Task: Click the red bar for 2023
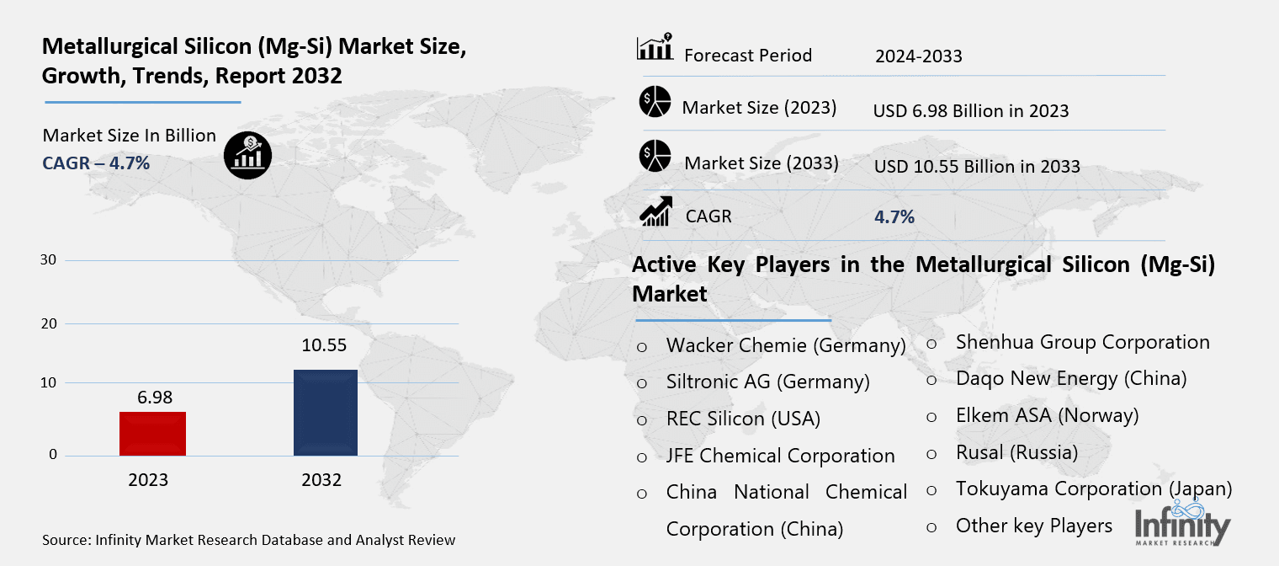pyautogui.click(x=152, y=433)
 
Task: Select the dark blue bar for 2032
pyautogui.click(x=325, y=413)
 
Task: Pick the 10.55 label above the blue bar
pyautogui.click(x=325, y=345)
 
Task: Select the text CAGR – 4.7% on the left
pyautogui.click(x=96, y=163)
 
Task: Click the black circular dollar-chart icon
pyautogui.click(x=247, y=155)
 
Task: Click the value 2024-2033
pyautogui.click(x=918, y=56)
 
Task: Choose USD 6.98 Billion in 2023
pyautogui.click(x=970, y=110)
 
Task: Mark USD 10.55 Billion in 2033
pyautogui.click(x=976, y=166)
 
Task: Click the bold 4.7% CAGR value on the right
pyautogui.click(x=894, y=217)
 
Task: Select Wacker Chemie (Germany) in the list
pyautogui.click(x=785, y=345)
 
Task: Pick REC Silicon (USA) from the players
pyautogui.click(x=742, y=419)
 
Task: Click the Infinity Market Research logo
pyautogui.click(x=1181, y=524)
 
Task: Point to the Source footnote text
pyautogui.click(x=248, y=539)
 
